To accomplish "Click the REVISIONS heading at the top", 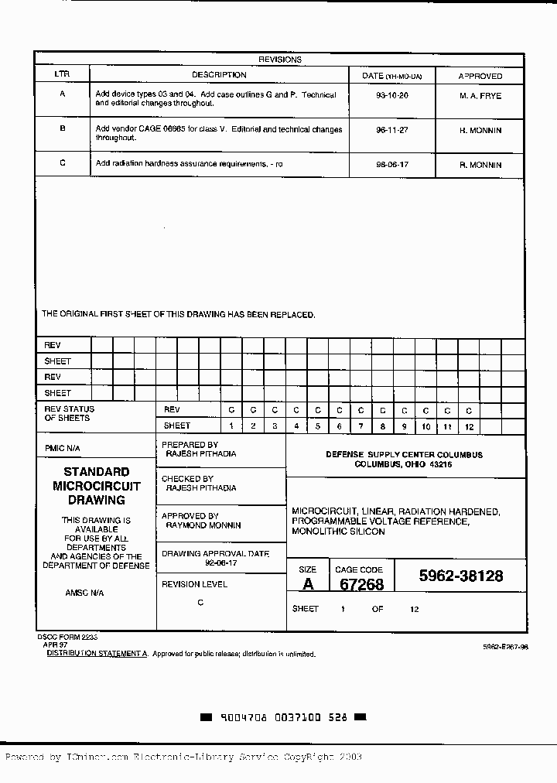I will click(x=279, y=60).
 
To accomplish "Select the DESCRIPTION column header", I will click(x=219, y=75).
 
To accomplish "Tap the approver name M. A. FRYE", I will click(x=480, y=96).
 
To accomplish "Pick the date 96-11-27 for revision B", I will click(x=391, y=131).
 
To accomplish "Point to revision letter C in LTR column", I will click(x=63, y=163).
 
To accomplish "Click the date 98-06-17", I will click(x=391, y=166).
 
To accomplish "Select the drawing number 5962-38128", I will click(x=461, y=576).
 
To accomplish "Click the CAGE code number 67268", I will click(x=362, y=585).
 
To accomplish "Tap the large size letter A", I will click(x=308, y=585).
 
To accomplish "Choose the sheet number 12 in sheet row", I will click(x=468, y=426).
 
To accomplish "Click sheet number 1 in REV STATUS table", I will click(x=231, y=426).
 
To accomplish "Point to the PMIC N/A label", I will click(x=62, y=449).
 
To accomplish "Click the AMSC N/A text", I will click(x=84, y=593).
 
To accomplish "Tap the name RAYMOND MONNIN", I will click(x=203, y=525).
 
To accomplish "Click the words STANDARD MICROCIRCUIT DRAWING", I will click(x=97, y=486).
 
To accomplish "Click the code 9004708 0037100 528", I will click(x=284, y=717).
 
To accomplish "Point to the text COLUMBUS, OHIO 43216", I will click(x=403, y=464).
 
